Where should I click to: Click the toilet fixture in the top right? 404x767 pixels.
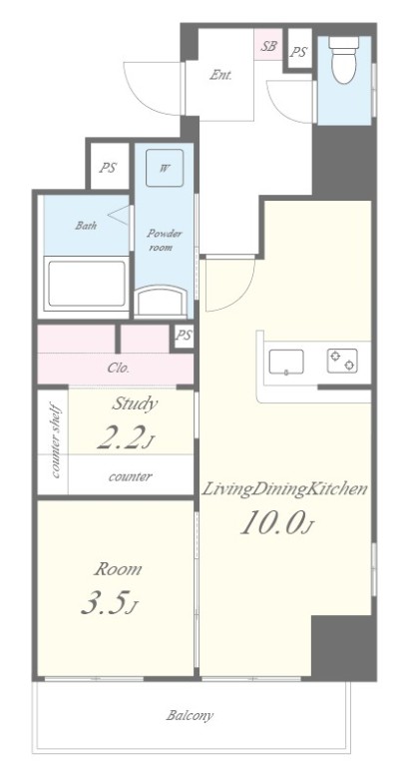343,59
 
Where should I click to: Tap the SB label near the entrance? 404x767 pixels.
268,46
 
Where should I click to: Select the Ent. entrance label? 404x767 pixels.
220,75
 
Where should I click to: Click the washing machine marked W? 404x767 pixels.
165,168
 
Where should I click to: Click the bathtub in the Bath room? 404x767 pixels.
86,284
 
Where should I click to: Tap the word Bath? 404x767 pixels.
86,226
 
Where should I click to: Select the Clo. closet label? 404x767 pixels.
119,369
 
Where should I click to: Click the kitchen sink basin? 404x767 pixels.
286,362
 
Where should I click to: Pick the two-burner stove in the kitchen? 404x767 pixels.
342,361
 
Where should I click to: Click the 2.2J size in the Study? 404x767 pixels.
125,436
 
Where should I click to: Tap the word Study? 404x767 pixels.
135,403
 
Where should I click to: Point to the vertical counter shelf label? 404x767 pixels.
55,440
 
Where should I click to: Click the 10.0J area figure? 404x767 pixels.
276,522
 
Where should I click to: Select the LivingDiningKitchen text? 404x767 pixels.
284,488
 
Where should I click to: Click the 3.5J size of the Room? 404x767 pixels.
109,602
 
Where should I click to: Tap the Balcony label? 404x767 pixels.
190,716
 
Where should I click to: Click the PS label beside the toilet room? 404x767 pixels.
298,51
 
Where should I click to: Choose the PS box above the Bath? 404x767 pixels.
108,168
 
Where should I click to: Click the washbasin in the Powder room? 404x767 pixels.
161,301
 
